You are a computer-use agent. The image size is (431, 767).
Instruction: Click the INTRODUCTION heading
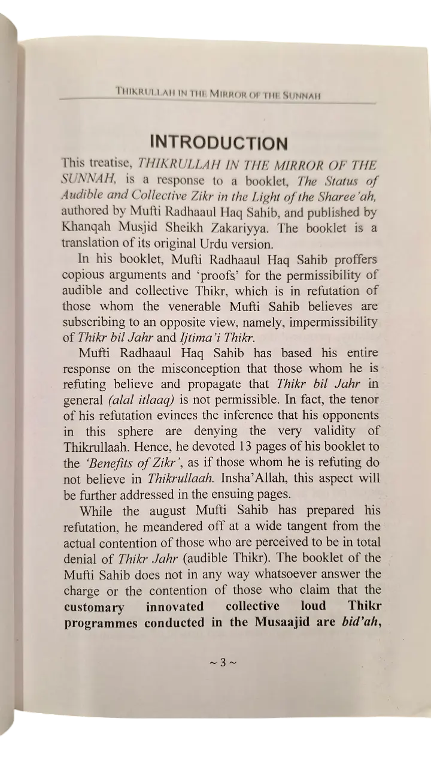(x=218, y=143)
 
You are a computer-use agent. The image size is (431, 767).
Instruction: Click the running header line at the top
(x=218, y=94)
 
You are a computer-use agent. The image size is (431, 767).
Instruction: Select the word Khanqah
(x=85, y=228)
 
